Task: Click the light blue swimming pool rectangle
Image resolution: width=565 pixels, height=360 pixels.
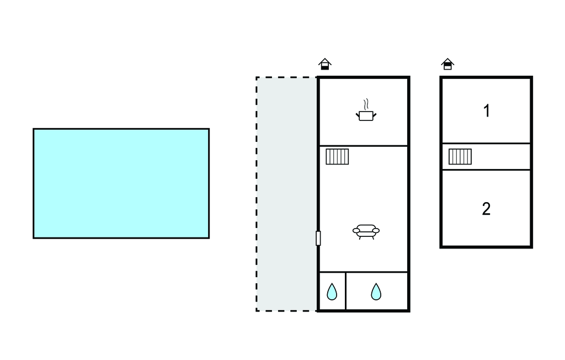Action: tap(121, 183)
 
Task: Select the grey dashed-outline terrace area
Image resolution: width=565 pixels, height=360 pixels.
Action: tap(286, 194)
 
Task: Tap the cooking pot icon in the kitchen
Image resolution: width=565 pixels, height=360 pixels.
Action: tap(366, 116)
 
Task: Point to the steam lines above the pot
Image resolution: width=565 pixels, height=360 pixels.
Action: tap(366, 104)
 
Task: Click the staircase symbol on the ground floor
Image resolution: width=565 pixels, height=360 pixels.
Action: tap(337, 157)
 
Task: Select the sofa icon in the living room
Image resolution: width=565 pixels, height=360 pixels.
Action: tap(366, 231)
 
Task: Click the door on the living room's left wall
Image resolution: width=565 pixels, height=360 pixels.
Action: tap(318, 239)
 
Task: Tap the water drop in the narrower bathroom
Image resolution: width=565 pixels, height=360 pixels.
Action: tap(332, 292)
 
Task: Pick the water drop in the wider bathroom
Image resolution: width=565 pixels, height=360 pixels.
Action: tap(376, 292)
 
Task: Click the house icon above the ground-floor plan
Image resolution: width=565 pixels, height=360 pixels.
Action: tap(324, 64)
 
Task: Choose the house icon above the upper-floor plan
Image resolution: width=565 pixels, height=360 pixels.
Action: tap(447, 64)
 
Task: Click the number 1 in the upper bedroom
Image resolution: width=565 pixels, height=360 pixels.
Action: tap(487, 111)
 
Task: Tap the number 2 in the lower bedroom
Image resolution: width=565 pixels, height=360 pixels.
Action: tap(486, 209)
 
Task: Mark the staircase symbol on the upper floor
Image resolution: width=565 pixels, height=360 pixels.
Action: tap(460, 157)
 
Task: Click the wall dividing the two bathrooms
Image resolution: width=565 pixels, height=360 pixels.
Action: tap(346, 291)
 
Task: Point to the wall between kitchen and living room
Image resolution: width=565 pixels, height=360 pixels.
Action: tap(364, 146)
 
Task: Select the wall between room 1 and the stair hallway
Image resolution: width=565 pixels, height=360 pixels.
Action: tap(487, 143)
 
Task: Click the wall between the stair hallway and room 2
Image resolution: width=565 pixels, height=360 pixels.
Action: tap(487, 170)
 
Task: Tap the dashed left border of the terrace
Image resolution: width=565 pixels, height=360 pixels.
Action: tap(257, 194)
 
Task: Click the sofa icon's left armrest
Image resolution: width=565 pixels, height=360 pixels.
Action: tap(356, 230)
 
